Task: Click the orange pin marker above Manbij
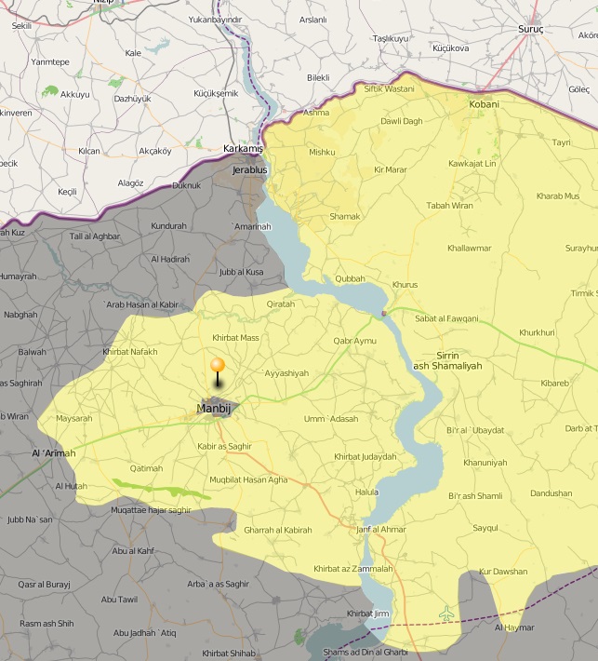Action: point(218,367)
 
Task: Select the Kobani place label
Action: point(484,104)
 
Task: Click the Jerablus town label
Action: point(249,170)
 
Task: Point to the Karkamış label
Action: point(244,149)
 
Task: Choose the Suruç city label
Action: point(530,29)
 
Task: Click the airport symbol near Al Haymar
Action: point(447,613)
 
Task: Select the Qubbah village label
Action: point(350,278)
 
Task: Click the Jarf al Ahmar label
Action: point(381,530)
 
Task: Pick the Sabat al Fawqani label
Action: point(446,318)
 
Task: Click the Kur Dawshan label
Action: point(502,572)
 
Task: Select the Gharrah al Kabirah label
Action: point(277,530)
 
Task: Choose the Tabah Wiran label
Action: point(449,206)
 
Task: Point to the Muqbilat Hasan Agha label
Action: point(248,480)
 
